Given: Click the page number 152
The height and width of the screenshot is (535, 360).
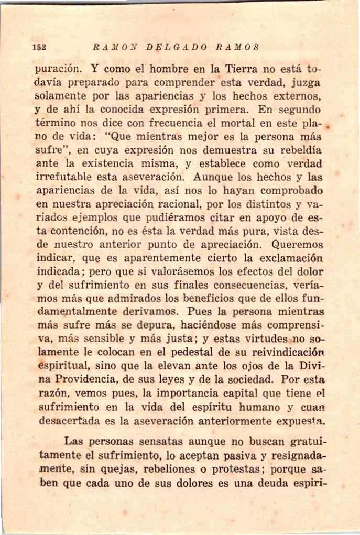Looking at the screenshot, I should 38,47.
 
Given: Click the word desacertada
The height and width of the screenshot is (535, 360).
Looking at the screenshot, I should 70,421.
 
